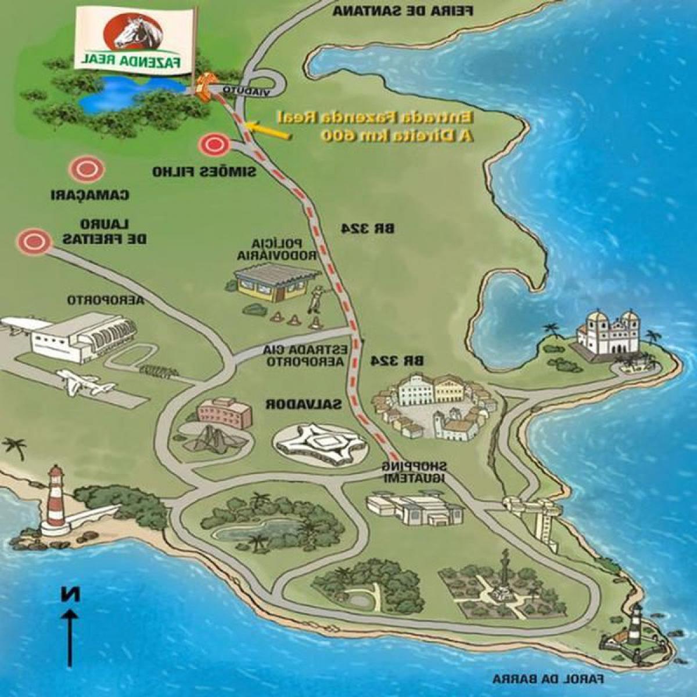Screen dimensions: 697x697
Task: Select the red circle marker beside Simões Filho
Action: [x=214, y=145]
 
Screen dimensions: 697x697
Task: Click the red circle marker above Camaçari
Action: [x=87, y=169]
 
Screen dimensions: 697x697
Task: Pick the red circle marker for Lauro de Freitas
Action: [x=33, y=240]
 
